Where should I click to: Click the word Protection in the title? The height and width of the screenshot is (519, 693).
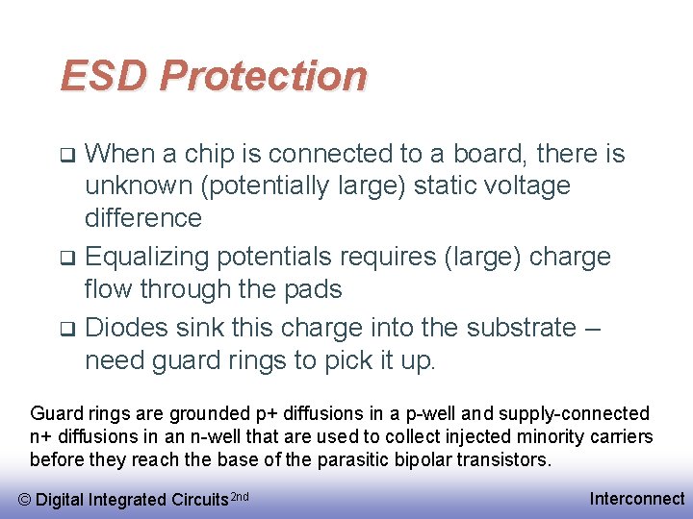pos(263,76)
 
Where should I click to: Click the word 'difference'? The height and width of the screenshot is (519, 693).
pos(143,217)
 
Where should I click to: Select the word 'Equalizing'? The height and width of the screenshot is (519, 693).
pos(147,258)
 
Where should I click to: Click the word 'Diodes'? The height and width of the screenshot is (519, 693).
pos(126,328)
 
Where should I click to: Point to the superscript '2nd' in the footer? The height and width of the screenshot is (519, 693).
pos(242,495)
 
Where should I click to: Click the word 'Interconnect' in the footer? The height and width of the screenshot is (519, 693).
pos(636,498)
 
